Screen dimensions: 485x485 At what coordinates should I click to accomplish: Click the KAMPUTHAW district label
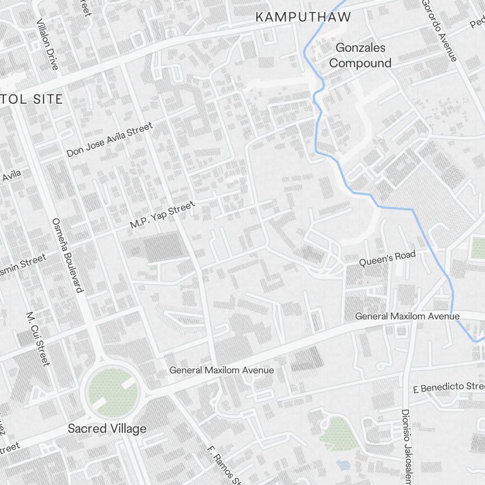(303, 17)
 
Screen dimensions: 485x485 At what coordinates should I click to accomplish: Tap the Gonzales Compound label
(360, 55)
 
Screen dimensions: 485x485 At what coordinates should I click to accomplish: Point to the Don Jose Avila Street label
(110, 140)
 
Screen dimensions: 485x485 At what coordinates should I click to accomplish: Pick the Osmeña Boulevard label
(67, 254)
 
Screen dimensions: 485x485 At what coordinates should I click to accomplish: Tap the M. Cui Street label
(38, 339)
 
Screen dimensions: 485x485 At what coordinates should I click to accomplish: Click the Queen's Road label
(387, 259)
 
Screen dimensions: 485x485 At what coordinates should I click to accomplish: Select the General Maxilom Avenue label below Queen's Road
(407, 316)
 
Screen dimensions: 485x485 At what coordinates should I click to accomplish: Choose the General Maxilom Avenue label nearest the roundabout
(221, 370)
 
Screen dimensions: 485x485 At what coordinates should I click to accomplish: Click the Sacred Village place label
(107, 429)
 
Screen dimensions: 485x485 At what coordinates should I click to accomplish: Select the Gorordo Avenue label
(439, 30)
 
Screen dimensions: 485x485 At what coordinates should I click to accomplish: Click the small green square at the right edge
(478, 247)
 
